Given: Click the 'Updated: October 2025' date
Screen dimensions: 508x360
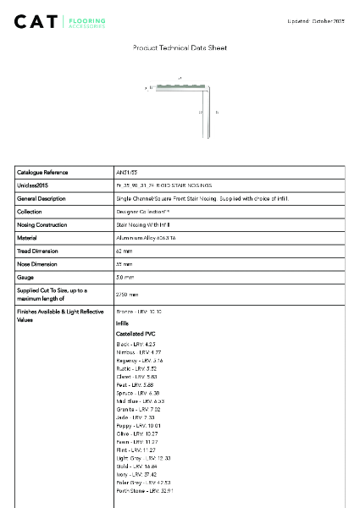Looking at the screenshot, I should pyautogui.click(x=316, y=19).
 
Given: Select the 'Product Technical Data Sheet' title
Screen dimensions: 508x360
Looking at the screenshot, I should pyautogui.click(x=180, y=48).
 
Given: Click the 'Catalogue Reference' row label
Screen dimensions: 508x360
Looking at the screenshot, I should pyautogui.click(x=43, y=172).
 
